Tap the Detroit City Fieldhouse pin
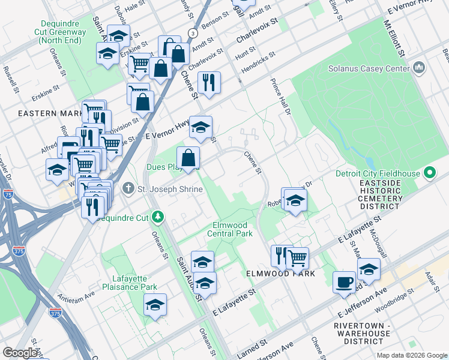[429, 174]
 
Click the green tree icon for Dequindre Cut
[157, 215]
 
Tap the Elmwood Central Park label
[231, 229]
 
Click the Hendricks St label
[258, 63]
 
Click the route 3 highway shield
[191, 32]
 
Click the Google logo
[20, 352]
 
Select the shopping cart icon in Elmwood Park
[297, 257]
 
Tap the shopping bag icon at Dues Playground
[188, 158]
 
